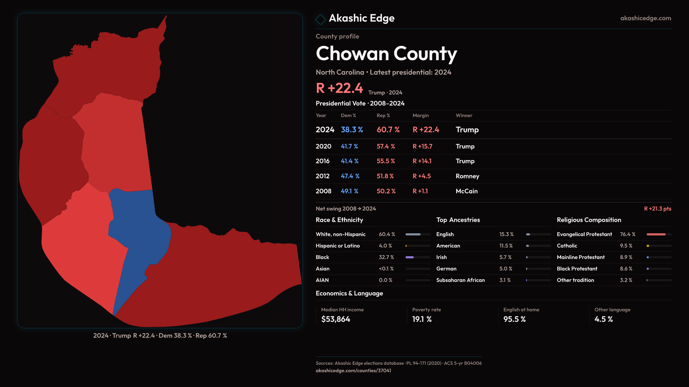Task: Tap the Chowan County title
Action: point(386,54)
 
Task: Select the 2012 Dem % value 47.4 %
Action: point(350,176)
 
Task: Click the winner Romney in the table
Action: point(467,176)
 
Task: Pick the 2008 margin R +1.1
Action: point(420,191)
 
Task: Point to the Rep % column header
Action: point(383,115)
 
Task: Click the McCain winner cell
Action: point(467,191)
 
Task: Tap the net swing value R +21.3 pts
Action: point(657,209)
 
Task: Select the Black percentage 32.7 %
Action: point(386,257)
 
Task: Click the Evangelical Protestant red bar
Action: point(656,234)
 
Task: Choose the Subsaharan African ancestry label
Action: point(460,280)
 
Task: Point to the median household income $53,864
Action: point(336,319)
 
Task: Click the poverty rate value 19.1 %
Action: point(422,319)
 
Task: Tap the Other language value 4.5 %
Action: point(604,319)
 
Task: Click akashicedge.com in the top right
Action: point(646,18)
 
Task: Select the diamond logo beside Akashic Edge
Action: point(320,19)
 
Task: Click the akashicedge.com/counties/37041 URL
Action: point(353,371)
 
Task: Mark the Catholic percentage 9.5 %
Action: point(626,246)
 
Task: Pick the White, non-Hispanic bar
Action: point(413,234)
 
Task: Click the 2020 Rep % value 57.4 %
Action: point(386,146)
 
